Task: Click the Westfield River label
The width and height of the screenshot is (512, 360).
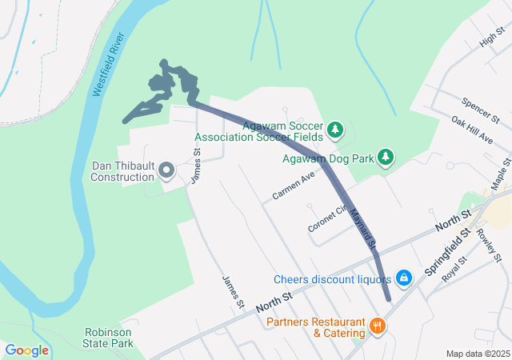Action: click(109, 66)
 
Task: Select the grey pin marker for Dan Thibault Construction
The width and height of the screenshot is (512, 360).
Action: click(166, 170)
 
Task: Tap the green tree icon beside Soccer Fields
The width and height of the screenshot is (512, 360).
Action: click(335, 129)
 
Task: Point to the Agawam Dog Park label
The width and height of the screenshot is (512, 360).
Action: click(328, 158)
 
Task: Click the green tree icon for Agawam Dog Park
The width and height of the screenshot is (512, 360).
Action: click(386, 157)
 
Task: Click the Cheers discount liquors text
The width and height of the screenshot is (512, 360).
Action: click(332, 279)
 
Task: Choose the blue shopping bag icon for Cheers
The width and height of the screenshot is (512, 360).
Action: click(404, 278)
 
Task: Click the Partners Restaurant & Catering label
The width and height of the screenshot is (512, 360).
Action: click(316, 326)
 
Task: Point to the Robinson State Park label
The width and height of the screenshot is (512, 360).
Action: click(110, 338)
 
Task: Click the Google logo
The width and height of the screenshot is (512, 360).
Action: click(26, 350)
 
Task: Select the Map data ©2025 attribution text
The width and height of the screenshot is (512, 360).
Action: click(477, 354)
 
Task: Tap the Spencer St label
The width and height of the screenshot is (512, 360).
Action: click(480, 110)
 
